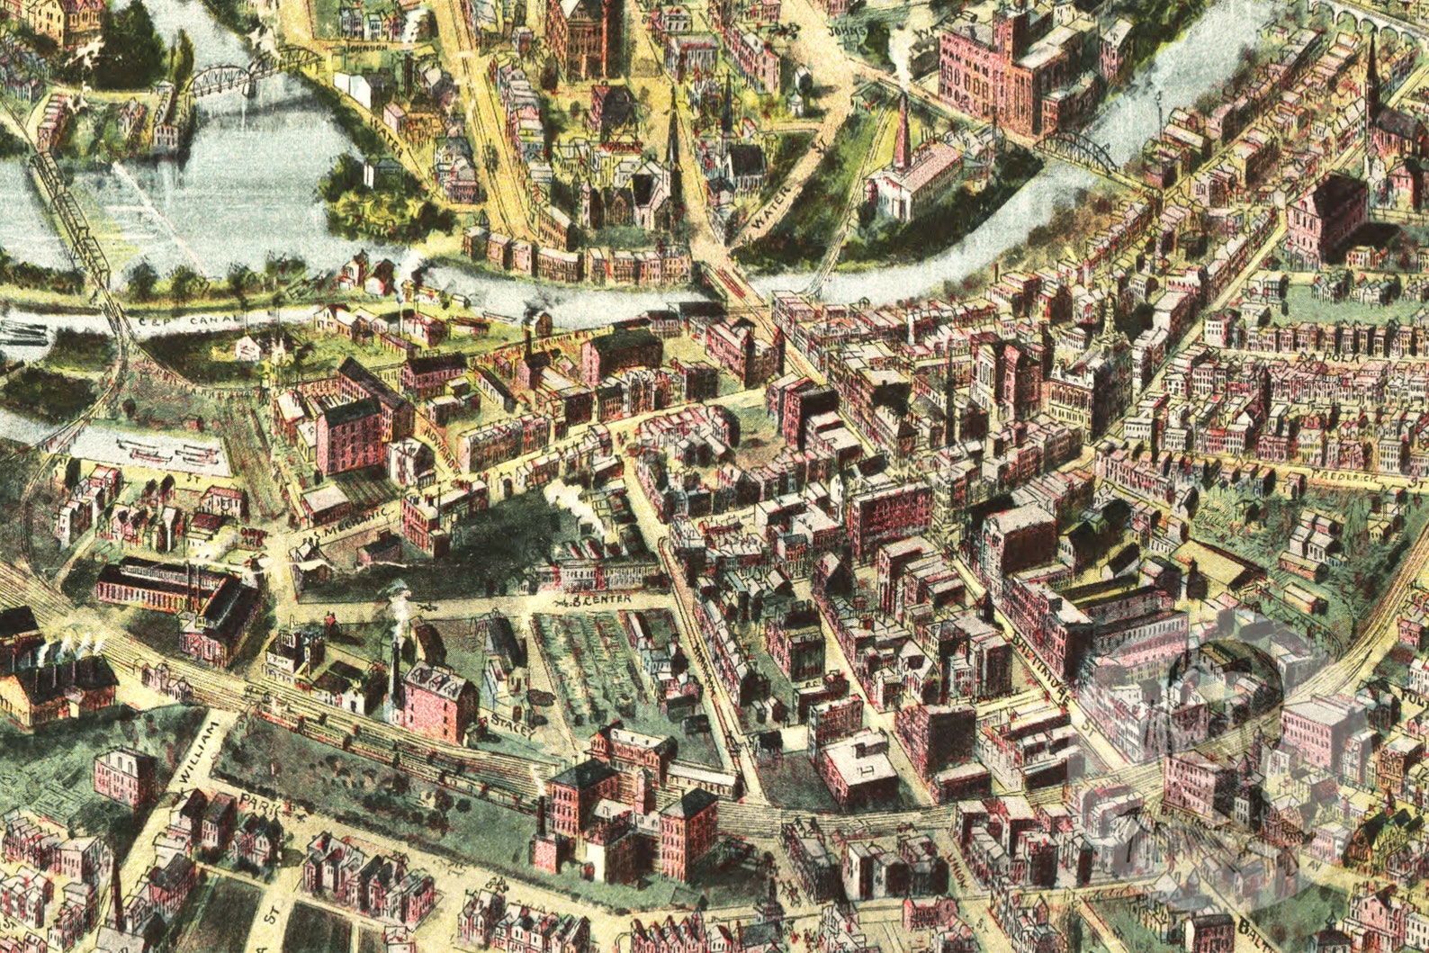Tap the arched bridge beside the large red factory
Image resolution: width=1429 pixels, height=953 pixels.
pos(1081,150)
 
